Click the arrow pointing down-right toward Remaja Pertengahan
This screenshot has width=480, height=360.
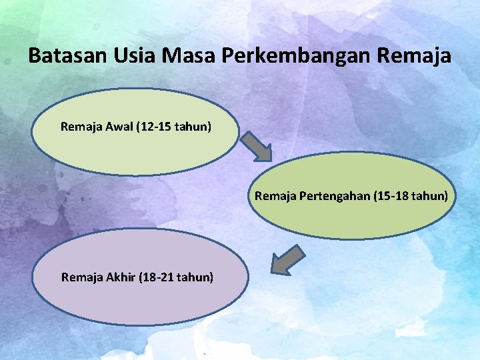(256, 145)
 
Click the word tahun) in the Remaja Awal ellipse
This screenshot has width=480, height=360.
(194, 125)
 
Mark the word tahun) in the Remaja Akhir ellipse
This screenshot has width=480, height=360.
(196, 276)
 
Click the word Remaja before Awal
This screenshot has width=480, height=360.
(80, 125)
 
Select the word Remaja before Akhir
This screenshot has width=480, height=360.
(81, 276)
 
